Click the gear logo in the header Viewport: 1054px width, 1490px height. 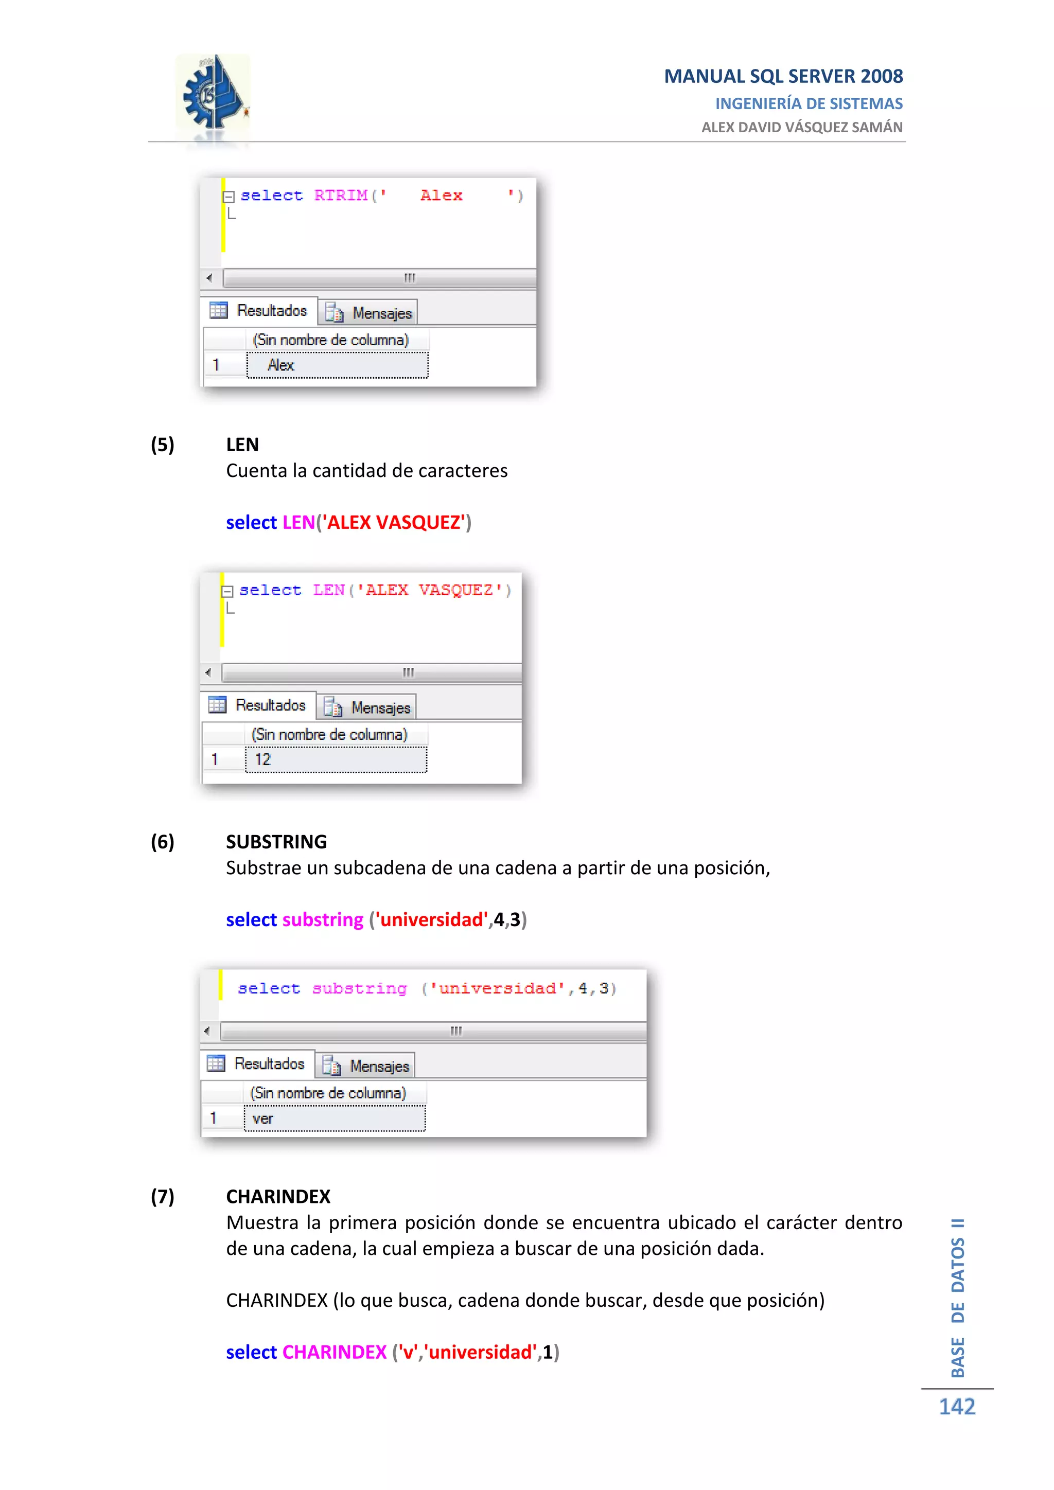(x=212, y=97)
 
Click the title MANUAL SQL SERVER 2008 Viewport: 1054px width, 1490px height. (x=783, y=77)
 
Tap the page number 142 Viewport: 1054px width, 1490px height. (x=957, y=1406)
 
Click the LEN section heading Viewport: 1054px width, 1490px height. (x=242, y=445)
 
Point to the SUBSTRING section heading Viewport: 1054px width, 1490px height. (x=276, y=842)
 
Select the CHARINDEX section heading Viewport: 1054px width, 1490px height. (x=278, y=1196)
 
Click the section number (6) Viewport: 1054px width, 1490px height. (x=162, y=842)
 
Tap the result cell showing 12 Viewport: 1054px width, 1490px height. (x=336, y=759)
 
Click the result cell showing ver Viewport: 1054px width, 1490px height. (x=334, y=1118)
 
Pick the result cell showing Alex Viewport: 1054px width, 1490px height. (x=337, y=365)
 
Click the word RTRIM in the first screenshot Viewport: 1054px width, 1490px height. (x=341, y=196)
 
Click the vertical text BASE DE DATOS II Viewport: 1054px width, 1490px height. (x=957, y=1298)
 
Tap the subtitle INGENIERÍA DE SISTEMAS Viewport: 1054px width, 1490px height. (x=809, y=104)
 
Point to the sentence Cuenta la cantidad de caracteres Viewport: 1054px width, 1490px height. (x=367, y=470)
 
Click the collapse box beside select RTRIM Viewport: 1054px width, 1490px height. (x=229, y=197)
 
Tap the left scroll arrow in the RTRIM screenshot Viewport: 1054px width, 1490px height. (x=209, y=278)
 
